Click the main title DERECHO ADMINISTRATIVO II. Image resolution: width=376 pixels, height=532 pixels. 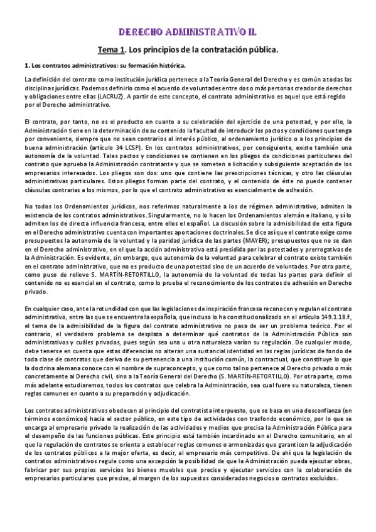pyautogui.click(x=188, y=31)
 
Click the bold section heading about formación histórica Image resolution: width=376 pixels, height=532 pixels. pyautogui.click(x=104, y=65)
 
